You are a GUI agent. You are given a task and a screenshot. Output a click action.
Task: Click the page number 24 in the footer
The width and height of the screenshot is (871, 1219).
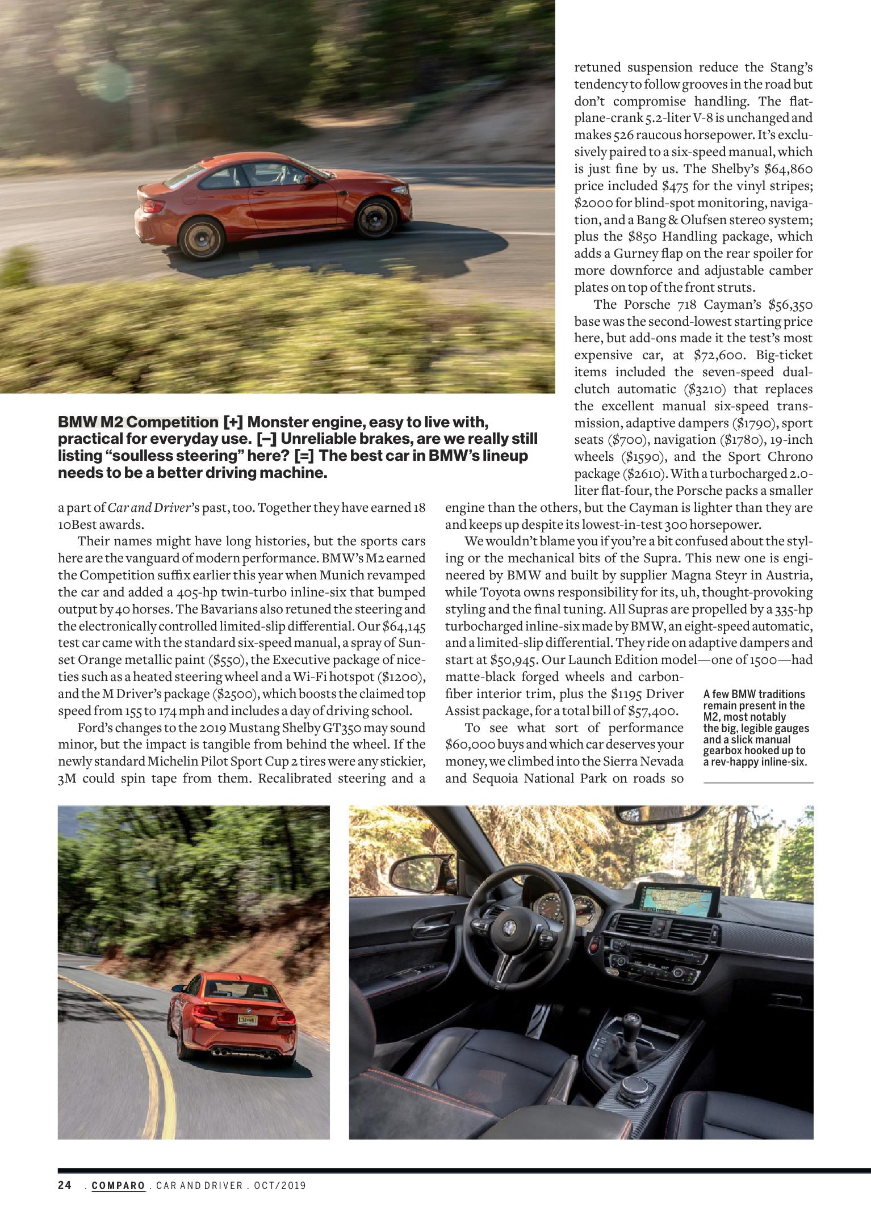[x=64, y=1186]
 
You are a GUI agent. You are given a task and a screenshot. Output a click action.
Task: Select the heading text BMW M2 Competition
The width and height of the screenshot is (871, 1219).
[x=138, y=423]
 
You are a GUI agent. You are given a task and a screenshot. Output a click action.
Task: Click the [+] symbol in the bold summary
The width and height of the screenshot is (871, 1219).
[x=233, y=423]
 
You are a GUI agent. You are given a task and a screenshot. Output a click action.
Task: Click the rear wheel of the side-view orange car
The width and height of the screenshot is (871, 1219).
[x=198, y=236]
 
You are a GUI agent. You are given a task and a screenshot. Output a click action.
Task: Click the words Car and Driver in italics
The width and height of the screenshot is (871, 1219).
[x=150, y=507]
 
